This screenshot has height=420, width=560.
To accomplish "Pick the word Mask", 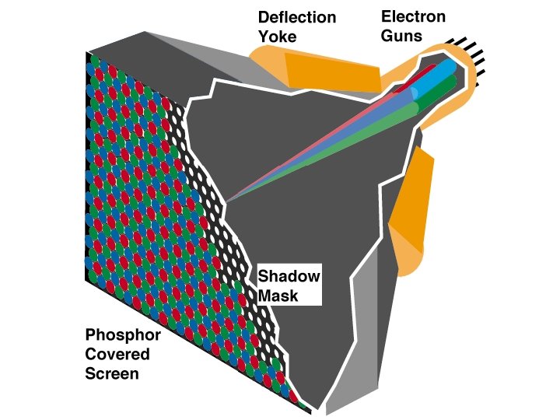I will point(278,296).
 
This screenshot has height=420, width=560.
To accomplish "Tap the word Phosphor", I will point(123,336).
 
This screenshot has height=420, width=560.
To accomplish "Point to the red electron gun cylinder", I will point(425,78).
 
